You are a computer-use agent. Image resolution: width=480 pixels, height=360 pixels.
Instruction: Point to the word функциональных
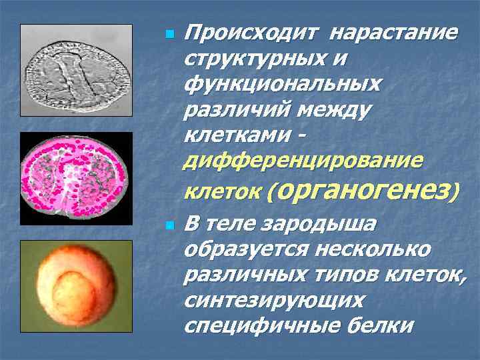tap(283, 85)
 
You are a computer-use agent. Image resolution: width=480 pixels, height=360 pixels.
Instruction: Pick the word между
tap(329, 111)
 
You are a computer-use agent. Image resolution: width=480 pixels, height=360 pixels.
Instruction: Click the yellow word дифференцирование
tap(303, 162)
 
